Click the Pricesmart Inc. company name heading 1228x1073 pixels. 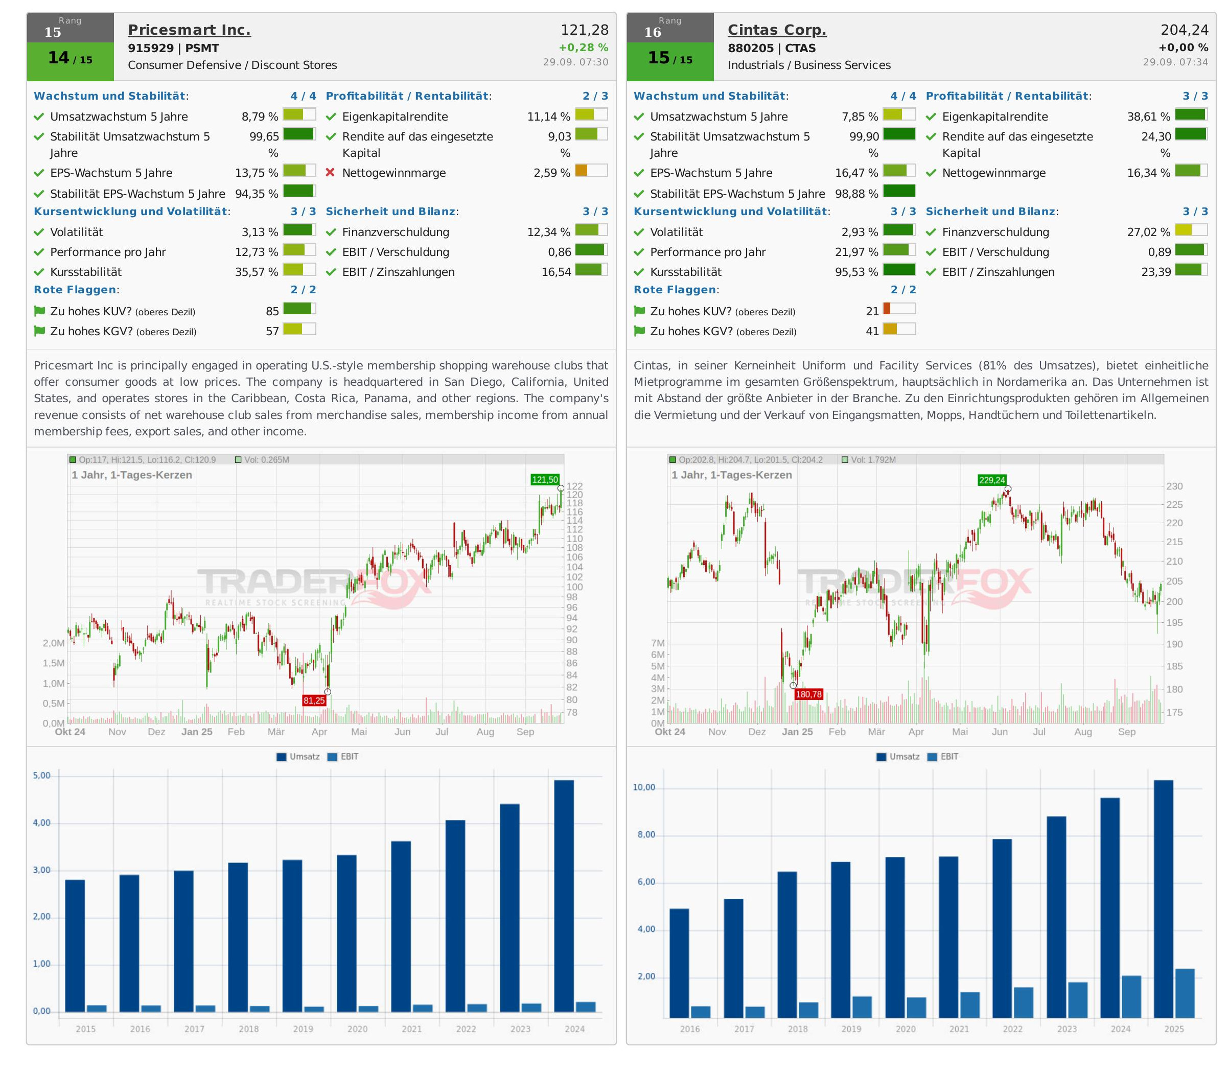189,30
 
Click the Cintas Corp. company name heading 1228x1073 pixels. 777,30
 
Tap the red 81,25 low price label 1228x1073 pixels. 314,701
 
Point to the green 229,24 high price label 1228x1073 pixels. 991,480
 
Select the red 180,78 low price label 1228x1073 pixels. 808,694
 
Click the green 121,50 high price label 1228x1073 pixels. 545,480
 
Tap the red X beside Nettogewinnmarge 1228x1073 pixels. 330,173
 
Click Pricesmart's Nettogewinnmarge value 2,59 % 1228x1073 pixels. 551,173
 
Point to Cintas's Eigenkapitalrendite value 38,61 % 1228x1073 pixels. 1148,117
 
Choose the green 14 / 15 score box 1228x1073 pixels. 70,59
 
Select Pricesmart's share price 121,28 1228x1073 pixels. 585,30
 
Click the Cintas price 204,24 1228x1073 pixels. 1184,30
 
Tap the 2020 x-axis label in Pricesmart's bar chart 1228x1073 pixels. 357,1029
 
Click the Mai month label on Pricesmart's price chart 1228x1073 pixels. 359,732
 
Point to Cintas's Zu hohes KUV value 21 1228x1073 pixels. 872,311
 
